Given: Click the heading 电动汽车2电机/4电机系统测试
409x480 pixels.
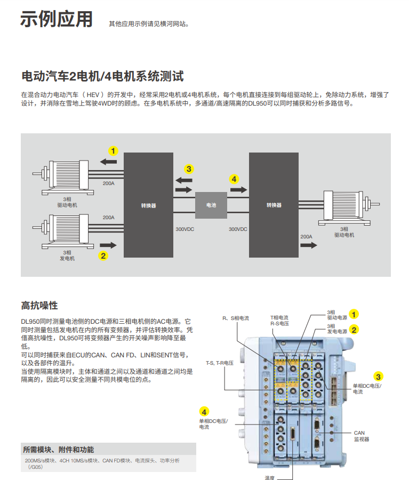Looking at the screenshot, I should click(102, 75).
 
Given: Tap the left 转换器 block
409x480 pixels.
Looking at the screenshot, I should click(148, 205).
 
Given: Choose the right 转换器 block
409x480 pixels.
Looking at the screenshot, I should click(274, 205).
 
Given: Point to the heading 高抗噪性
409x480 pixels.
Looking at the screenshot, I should click(39, 306).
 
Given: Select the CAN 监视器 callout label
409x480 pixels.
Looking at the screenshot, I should click(361, 436).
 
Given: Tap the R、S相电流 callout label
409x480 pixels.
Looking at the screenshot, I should click(236, 318).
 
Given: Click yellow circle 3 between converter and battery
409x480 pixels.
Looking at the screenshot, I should click(189, 169).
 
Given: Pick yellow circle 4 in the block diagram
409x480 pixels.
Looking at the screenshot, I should click(234, 179).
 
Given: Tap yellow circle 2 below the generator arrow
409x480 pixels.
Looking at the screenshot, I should click(103, 255).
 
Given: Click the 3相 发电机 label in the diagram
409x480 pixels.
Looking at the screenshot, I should click(67, 255).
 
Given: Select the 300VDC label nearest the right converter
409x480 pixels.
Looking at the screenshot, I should click(238, 229).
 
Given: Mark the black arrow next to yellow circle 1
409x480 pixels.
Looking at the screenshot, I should click(108, 161).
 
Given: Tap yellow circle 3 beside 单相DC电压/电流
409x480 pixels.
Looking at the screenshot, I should click(378, 375).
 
